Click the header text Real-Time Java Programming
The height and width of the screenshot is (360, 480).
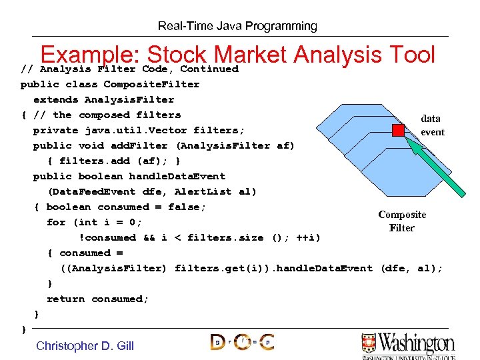click(237, 27)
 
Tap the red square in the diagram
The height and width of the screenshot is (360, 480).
click(399, 131)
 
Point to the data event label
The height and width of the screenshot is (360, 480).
click(431, 125)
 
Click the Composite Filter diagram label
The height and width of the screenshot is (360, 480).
click(402, 221)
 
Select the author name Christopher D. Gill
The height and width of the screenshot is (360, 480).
click(85, 345)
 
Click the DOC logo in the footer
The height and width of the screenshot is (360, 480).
click(242, 343)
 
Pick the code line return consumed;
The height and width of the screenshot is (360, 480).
click(98, 299)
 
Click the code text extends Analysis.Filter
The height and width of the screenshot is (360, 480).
click(103, 99)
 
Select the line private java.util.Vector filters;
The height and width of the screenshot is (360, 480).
click(139, 130)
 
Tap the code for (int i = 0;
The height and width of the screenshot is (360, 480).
click(95, 222)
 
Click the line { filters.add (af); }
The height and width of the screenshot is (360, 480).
click(114, 161)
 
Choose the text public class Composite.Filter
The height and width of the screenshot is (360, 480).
click(110, 84)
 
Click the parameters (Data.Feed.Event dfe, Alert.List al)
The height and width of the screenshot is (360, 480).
click(152, 191)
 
